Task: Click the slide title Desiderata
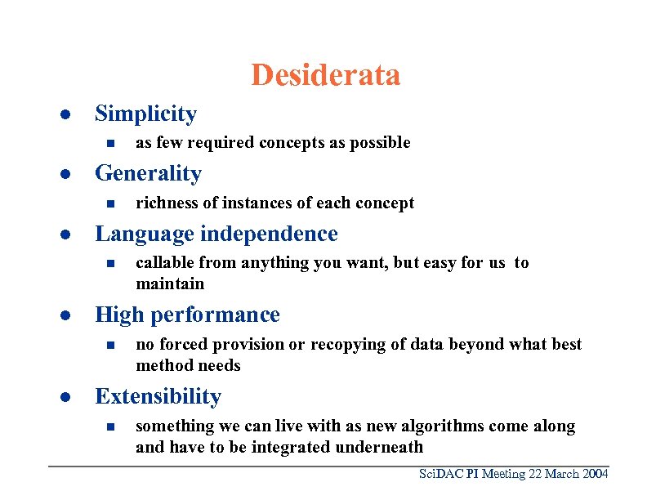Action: [325, 75]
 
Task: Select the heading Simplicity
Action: [145, 114]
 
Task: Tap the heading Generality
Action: [148, 173]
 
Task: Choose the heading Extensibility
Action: [158, 396]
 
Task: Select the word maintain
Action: [170, 283]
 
